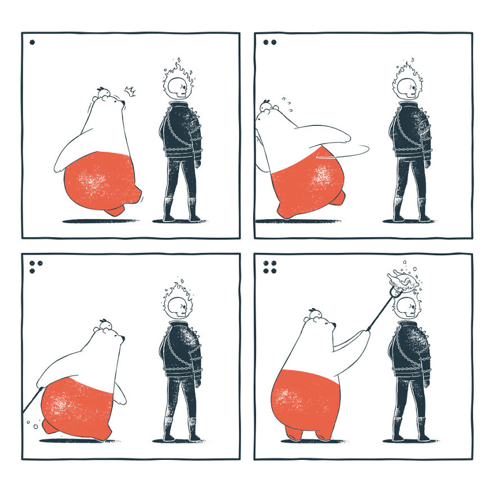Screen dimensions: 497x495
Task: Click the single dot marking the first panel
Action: coord(32,42)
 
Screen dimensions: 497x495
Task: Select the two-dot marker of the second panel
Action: coord(269,42)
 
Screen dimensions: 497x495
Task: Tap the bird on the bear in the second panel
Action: coord(266,106)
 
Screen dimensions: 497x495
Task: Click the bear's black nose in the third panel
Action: coord(122,338)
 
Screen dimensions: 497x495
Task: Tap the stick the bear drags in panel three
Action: coord(32,403)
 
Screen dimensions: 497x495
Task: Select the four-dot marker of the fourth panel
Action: coord(269,266)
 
